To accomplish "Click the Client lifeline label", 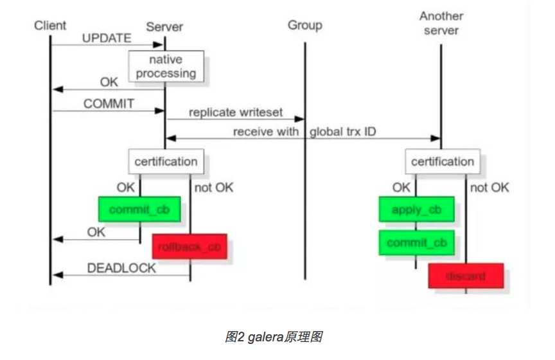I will (x=50, y=25).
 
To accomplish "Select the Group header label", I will (x=304, y=26).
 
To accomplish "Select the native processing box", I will (x=166, y=67).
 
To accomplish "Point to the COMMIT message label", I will (x=109, y=104).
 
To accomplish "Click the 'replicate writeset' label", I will (x=236, y=112).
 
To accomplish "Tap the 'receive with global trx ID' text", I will (x=304, y=132).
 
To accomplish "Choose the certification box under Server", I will (x=166, y=161).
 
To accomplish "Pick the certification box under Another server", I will (x=443, y=161).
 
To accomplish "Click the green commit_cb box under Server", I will (x=139, y=210).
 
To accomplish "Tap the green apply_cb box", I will (x=416, y=210).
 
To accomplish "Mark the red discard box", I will (x=466, y=276).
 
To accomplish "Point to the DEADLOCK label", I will (x=122, y=268).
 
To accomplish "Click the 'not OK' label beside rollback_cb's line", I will (x=213, y=188).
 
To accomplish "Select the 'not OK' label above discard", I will (x=489, y=188).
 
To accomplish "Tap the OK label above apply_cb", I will (x=401, y=188).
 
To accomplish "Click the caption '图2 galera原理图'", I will (x=277, y=337).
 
